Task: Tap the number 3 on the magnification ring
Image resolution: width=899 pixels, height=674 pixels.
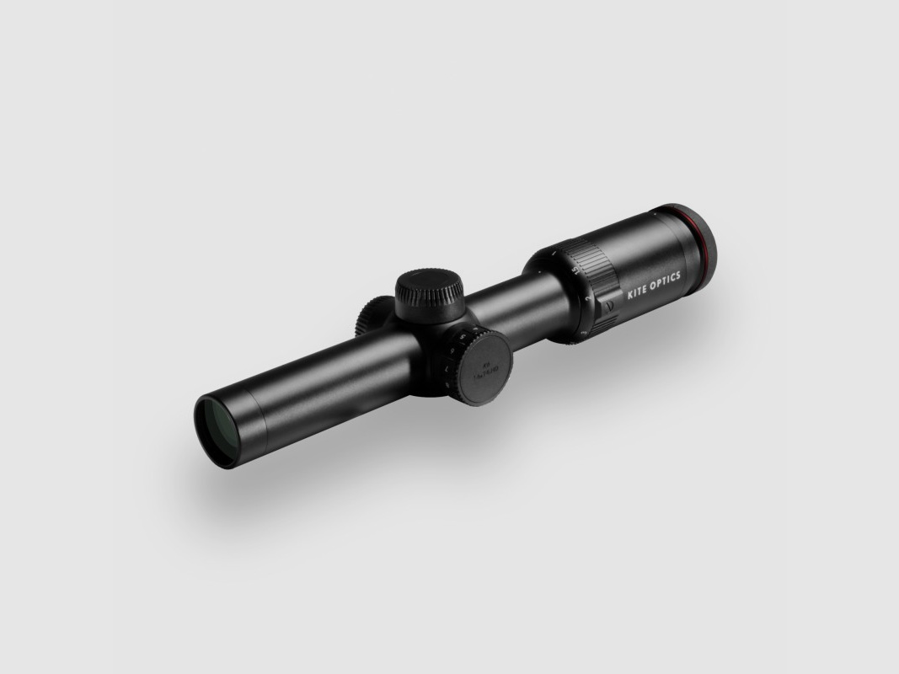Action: coord(583,333)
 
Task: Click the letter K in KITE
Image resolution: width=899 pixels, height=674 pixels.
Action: coord(629,295)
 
